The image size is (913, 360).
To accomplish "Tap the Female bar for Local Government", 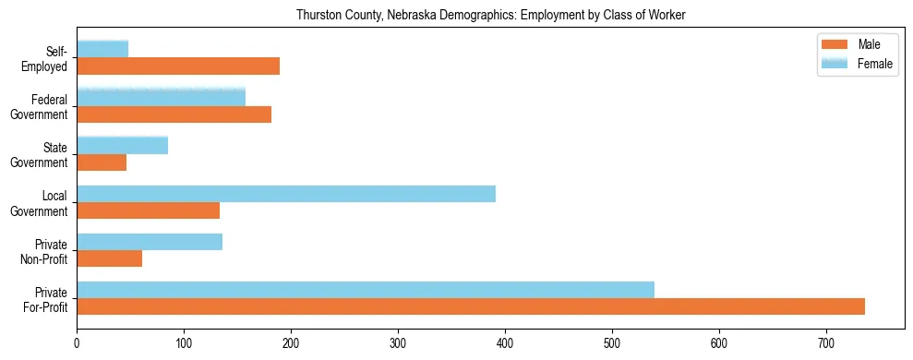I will click(286, 194).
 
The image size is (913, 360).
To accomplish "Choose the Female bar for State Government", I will click(123, 145).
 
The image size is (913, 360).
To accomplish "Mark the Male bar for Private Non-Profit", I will click(110, 258).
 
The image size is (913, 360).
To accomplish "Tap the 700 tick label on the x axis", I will click(826, 342).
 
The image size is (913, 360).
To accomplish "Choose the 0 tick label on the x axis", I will click(77, 342).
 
